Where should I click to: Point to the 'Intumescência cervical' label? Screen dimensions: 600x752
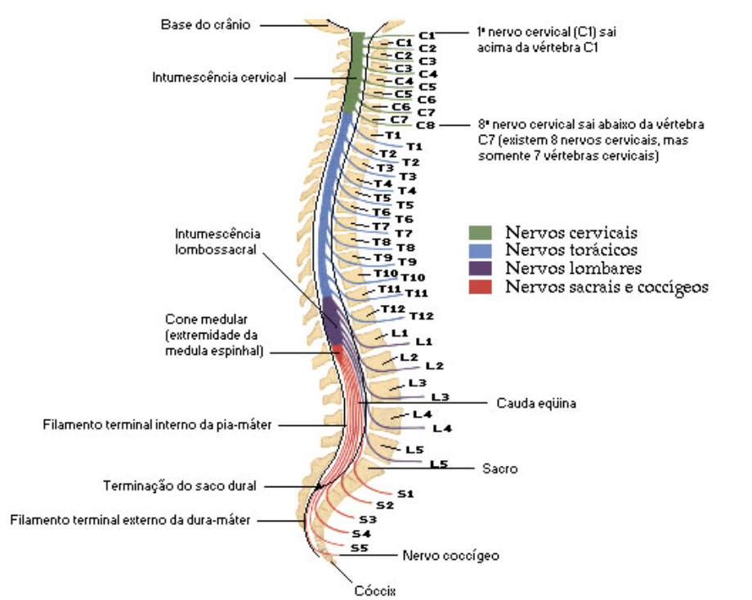click(219, 78)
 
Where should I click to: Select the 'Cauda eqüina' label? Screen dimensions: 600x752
click(530, 403)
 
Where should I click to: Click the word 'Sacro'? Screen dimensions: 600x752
click(499, 468)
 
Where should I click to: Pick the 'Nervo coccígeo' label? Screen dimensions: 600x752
click(450, 556)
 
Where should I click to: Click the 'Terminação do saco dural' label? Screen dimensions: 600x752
click(180, 486)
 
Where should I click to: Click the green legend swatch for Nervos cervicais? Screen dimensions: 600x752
click(481, 233)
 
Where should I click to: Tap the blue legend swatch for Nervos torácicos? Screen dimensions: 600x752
click(481, 250)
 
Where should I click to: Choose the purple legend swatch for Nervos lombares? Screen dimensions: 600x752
click(481, 268)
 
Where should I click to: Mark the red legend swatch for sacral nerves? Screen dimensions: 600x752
click(481, 286)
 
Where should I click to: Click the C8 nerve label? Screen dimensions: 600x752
click(426, 125)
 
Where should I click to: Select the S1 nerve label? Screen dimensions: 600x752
click(405, 494)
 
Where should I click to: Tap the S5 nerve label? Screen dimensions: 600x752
click(358, 548)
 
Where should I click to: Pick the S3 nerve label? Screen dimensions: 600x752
click(367, 519)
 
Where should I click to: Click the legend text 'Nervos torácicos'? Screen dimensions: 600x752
click(571, 250)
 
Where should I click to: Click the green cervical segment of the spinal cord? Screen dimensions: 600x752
click(353, 74)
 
